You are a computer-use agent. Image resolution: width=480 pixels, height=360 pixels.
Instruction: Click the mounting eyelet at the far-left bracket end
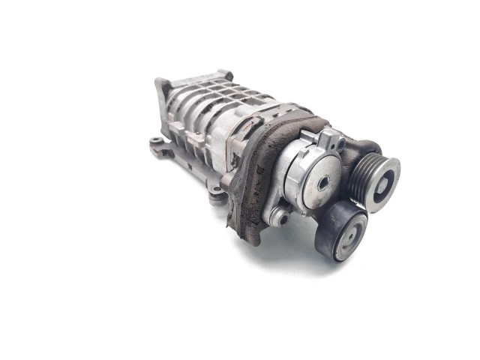(x=155, y=140)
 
